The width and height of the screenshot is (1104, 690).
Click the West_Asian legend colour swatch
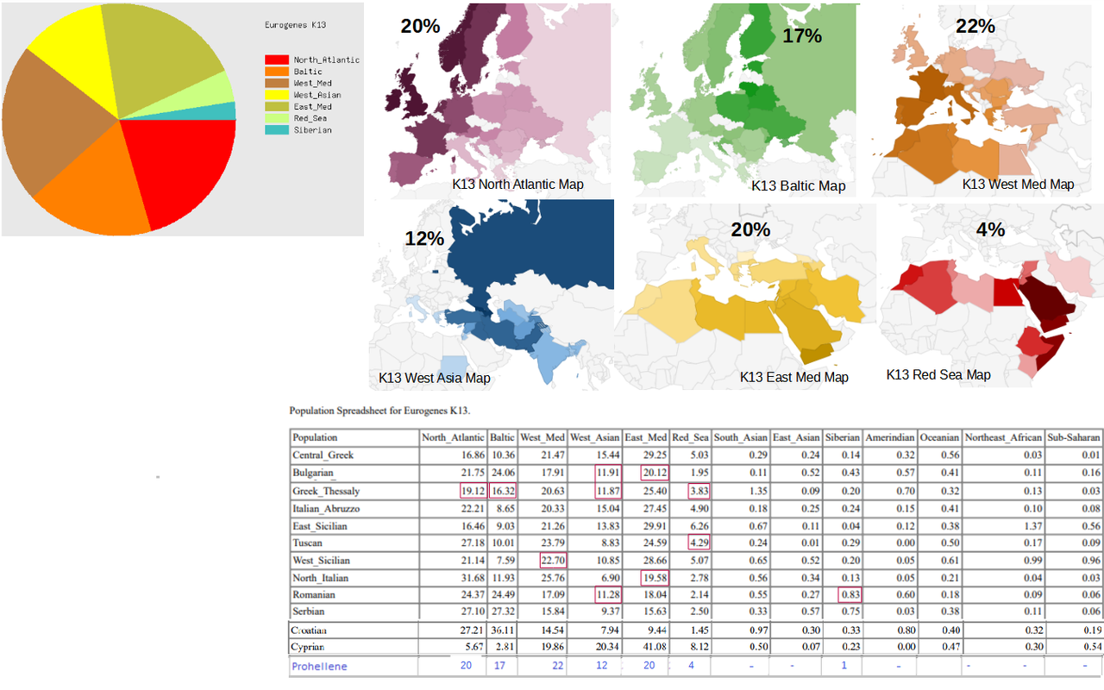tap(277, 95)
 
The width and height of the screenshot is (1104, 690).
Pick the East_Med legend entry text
tap(312, 106)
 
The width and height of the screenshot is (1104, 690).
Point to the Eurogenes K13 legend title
tap(295, 25)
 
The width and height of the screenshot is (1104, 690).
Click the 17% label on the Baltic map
tap(802, 35)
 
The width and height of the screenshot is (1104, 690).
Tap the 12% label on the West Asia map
tap(424, 239)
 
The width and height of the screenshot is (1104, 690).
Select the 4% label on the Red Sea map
tap(990, 229)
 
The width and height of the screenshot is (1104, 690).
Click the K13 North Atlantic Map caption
tap(517, 185)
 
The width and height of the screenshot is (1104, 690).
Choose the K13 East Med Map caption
tap(794, 377)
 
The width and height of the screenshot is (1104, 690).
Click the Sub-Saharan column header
tap(1074, 437)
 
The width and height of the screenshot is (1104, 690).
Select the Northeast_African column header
tap(1003, 437)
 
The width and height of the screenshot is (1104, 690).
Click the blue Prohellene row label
tap(319, 667)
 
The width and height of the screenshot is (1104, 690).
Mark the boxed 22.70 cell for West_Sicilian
tap(553, 561)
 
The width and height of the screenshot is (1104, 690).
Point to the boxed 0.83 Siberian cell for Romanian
tap(850, 595)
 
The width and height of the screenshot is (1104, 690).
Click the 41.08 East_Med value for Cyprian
tap(655, 647)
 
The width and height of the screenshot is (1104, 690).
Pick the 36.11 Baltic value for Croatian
tap(503, 630)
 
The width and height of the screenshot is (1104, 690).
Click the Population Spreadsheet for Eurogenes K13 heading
tap(379, 411)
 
